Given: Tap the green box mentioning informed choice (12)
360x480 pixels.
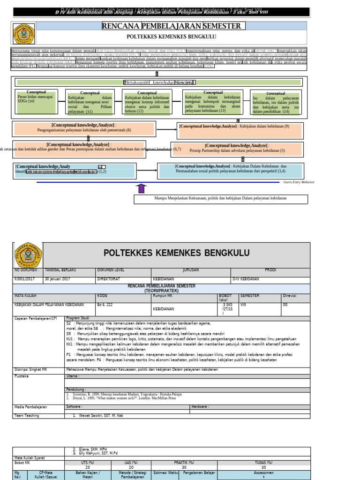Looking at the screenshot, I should pos(147,103).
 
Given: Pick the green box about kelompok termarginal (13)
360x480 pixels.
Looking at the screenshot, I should pos(213,102).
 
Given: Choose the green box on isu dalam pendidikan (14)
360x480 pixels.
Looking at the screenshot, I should pos(276,103).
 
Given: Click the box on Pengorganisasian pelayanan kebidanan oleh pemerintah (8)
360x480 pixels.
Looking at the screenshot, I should pos(84,127).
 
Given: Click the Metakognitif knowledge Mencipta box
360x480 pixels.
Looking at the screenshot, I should pos(159,82).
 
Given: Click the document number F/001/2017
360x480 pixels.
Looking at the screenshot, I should pos(26,279).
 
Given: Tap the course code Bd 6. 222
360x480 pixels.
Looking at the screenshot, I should pos(106,304).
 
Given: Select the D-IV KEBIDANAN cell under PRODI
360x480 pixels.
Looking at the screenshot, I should pos(246,279).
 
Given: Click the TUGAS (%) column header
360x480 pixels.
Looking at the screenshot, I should pos(263,462).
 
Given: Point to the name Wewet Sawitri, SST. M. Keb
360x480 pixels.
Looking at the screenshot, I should pos(98,415).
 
